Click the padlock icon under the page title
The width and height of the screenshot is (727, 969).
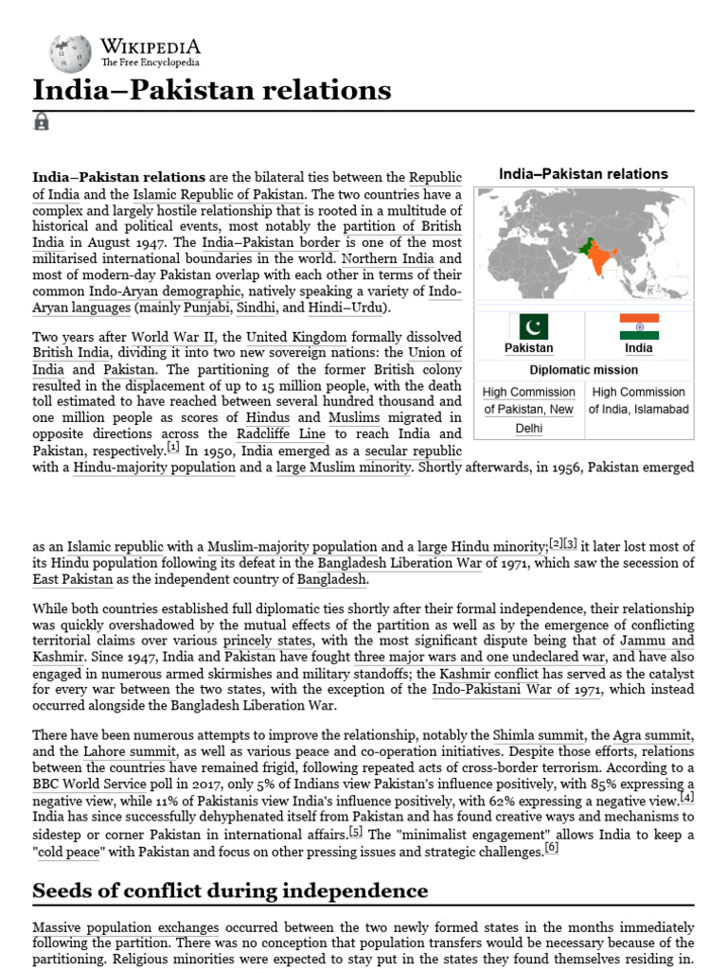(42, 121)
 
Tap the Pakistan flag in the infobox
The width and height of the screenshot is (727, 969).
(528, 326)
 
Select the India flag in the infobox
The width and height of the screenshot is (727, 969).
(639, 326)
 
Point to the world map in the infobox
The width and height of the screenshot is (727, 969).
(583, 241)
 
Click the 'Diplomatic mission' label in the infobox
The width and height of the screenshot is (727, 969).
(583, 370)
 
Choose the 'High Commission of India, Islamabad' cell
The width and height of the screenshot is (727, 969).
(638, 400)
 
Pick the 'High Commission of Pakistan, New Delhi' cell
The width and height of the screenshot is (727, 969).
(528, 410)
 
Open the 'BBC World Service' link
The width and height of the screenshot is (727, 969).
(89, 784)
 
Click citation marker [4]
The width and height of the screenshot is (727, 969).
(686, 797)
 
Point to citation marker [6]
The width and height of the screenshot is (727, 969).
(551, 847)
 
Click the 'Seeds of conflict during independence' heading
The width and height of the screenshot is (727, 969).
(230, 890)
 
